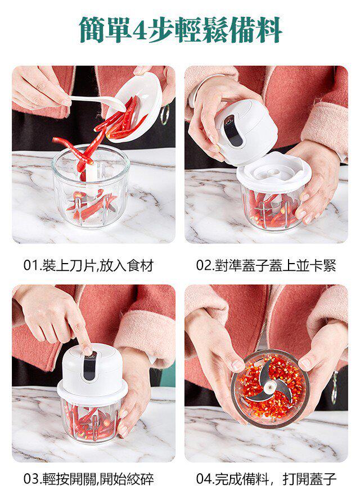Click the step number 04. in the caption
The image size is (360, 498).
(x=205, y=479)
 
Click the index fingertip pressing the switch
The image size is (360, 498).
(x=87, y=350)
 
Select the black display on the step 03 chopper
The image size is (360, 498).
(x=89, y=368)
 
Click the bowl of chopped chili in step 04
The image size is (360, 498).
(x=270, y=389)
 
